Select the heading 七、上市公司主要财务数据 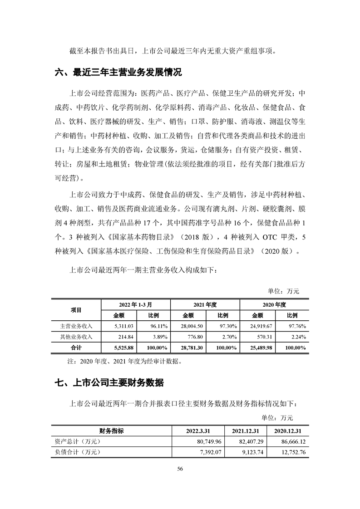point(109,383)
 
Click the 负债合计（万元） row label point(76,451)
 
